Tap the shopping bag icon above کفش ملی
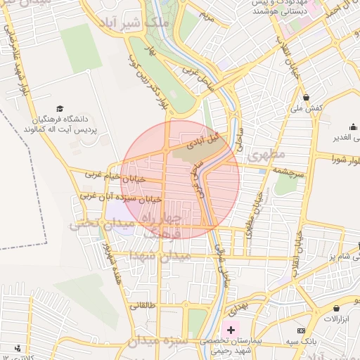point(306,97)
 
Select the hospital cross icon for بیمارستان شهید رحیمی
point(231,329)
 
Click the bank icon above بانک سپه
point(302,330)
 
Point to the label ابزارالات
point(337,319)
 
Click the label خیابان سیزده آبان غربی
point(120,196)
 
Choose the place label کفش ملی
point(306,108)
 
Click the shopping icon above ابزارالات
point(337,308)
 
